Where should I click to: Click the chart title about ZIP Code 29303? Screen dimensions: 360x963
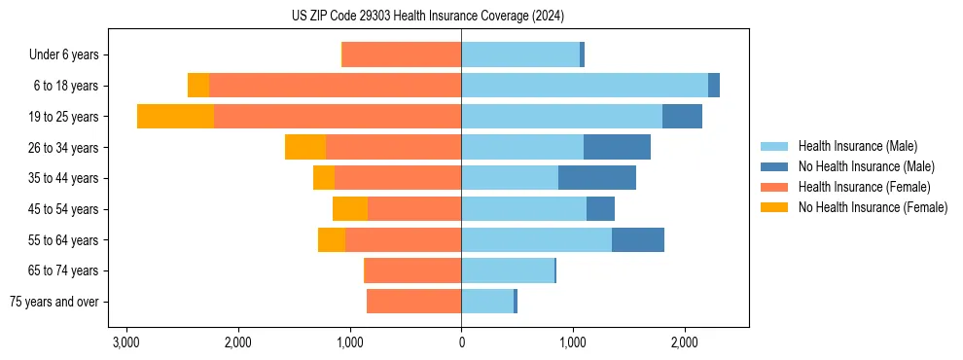427,17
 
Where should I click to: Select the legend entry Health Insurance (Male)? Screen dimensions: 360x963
857,146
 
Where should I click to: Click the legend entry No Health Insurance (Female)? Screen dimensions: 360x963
873,207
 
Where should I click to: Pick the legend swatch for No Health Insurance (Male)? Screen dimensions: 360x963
774,166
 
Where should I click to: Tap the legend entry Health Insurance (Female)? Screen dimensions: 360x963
864,187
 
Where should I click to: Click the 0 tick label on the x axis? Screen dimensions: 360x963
461,343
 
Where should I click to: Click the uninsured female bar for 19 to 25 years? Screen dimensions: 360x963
175,117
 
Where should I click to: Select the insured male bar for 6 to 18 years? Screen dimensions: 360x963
584,86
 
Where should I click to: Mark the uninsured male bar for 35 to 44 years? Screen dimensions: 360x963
596,178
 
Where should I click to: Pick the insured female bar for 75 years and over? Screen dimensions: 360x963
413,302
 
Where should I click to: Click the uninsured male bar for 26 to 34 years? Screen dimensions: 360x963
617,147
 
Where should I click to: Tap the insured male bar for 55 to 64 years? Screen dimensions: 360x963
536,239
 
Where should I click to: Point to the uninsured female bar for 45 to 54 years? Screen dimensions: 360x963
350,209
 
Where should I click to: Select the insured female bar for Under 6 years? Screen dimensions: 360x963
402,55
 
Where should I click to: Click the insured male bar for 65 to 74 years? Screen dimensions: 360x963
507,270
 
